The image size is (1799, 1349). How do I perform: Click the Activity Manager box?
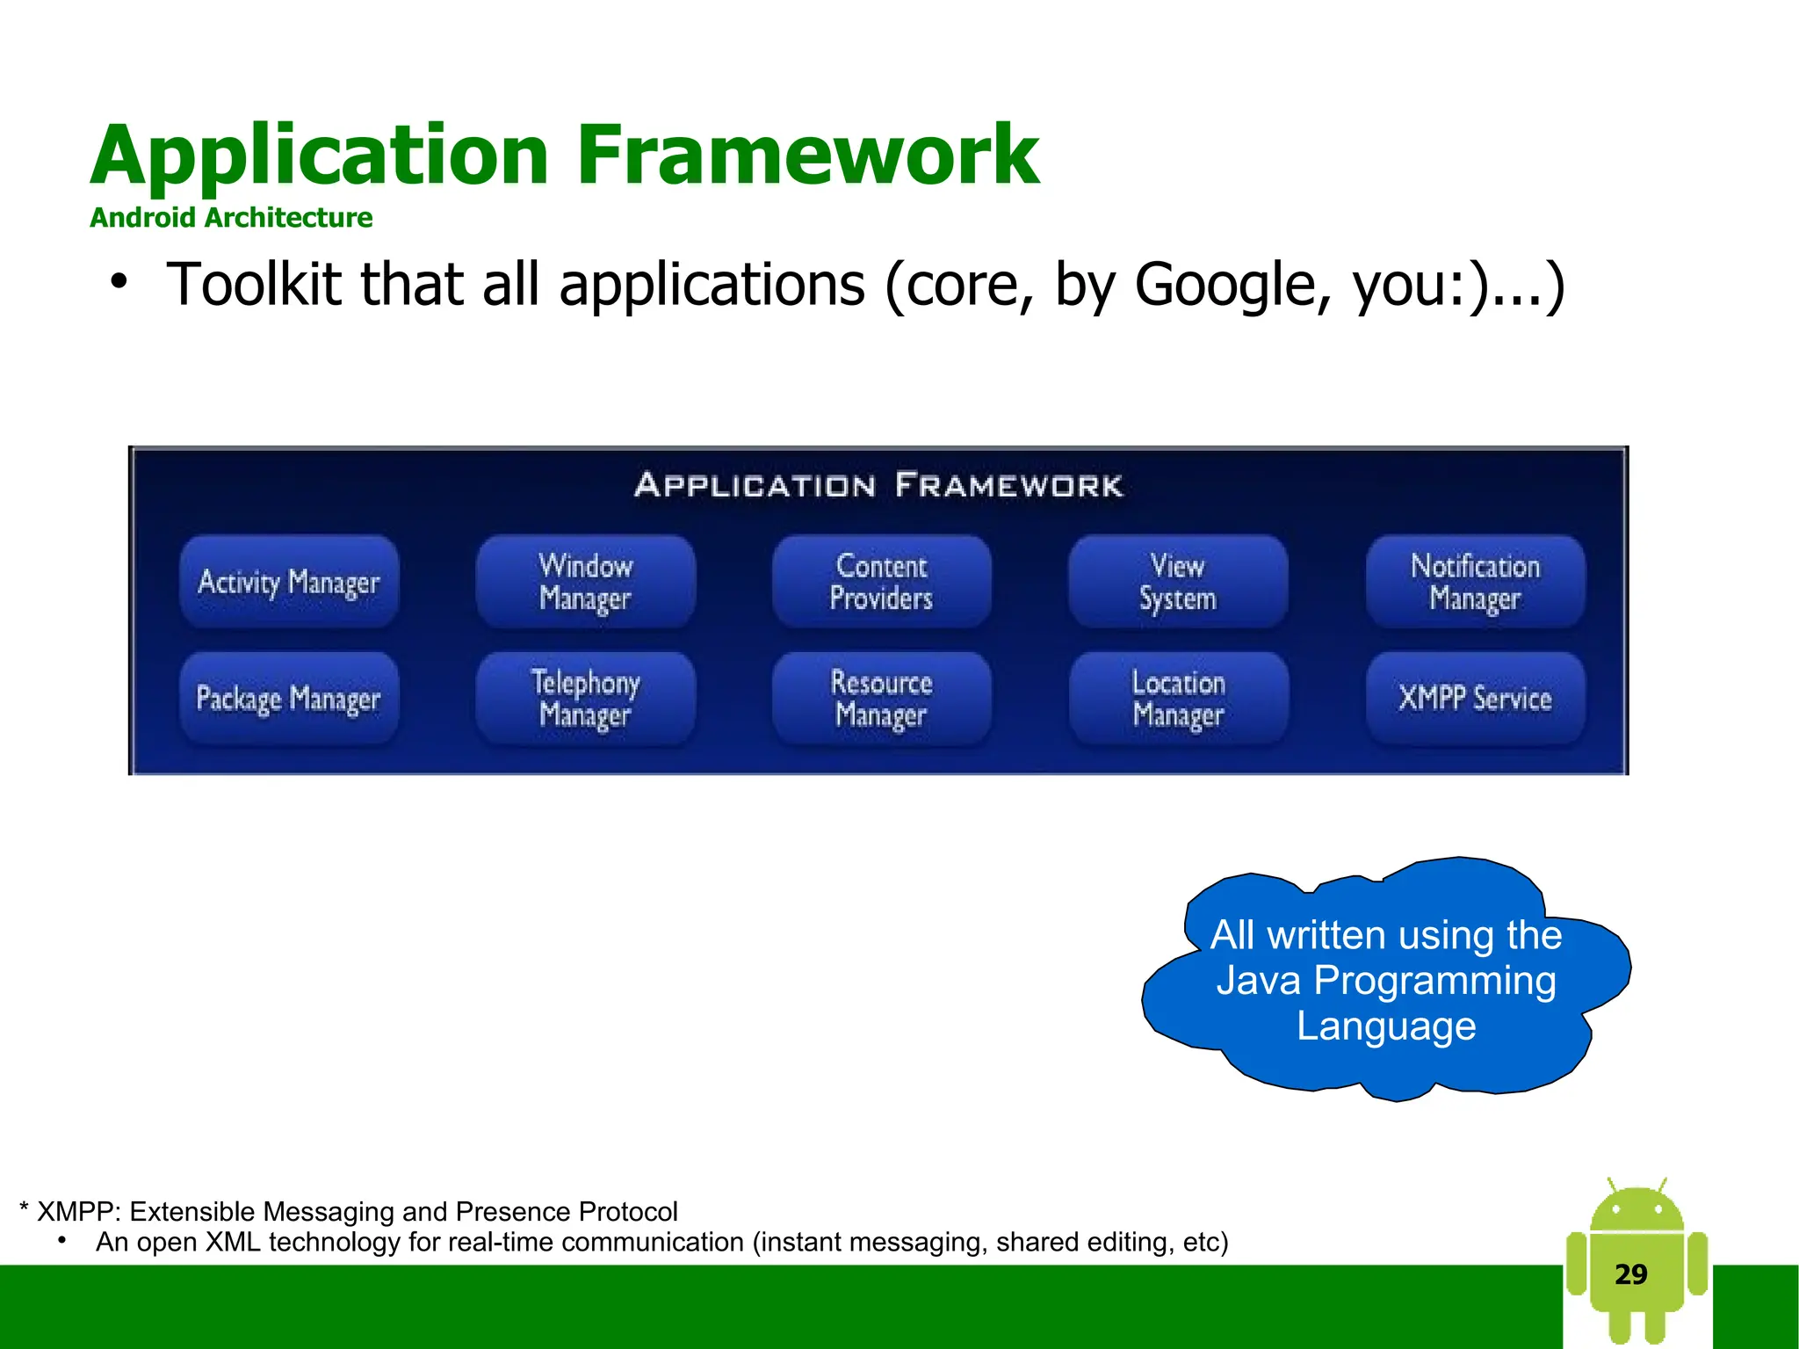pyautogui.click(x=289, y=582)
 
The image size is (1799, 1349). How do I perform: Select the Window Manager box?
pyautogui.click(x=586, y=582)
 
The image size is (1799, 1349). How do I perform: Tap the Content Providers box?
pyautogui.click(x=881, y=582)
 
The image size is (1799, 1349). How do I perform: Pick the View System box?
pyautogui.click(x=1178, y=582)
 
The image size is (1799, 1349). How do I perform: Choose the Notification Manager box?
pyautogui.click(x=1475, y=582)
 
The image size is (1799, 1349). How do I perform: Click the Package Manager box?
pyautogui.click(x=289, y=699)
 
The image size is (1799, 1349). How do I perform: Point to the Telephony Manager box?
pyautogui.click(x=586, y=699)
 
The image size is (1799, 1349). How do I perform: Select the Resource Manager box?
pyautogui.click(x=881, y=699)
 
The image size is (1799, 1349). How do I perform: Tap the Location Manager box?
pyautogui.click(x=1178, y=699)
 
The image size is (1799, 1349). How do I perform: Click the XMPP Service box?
pyautogui.click(x=1475, y=699)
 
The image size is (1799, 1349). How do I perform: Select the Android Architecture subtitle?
pyautogui.click(x=231, y=217)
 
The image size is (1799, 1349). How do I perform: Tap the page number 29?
pyautogui.click(x=1630, y=1273)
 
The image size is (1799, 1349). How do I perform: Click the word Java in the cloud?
pyautogui.click(x=1258, y=981)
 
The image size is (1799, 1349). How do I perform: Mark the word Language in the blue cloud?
pyautogui.click(x=1386, y=1026)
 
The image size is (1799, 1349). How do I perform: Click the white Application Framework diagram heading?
pyautogui.click(x=878, y=485)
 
